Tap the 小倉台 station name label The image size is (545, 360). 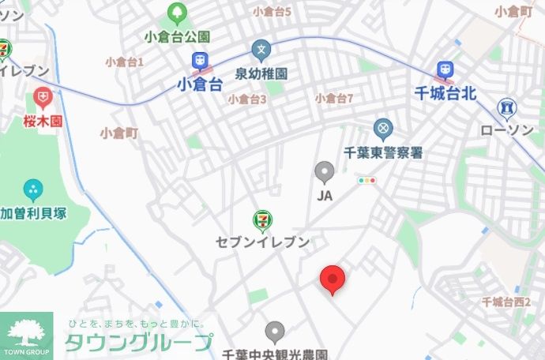pyautogui.click(x=200, y=84)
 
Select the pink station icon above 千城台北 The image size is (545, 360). pyautogui.click(x=445, y=71)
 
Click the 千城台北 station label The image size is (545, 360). pyautogui.click(x=445, y=93)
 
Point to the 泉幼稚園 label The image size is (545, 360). pyautogui.click(x=261, y=73)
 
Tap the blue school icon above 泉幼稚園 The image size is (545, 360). pyautogui.click(x=261, y=51)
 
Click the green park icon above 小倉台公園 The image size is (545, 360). pyautogui.click(x=176, y=14)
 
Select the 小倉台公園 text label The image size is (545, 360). pyautogui.click(x=177, y=37)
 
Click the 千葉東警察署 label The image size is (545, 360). pyautogui.click(x=384, y=152)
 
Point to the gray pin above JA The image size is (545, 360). pyautogui.click(x=324, y=172)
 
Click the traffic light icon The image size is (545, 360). pyautogui.click(x=367, y=181)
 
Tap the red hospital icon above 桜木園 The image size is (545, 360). pyautogui.click(x=43, y=99)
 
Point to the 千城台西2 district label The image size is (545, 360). pyautogui.click(x=506, y=302)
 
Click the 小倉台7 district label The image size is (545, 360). pyautogui.click(x=333, y=99)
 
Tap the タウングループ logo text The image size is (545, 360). pyautogui.click(x=138, y=343)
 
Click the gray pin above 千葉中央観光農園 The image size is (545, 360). pyautogui.click(x=275, y=332)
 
